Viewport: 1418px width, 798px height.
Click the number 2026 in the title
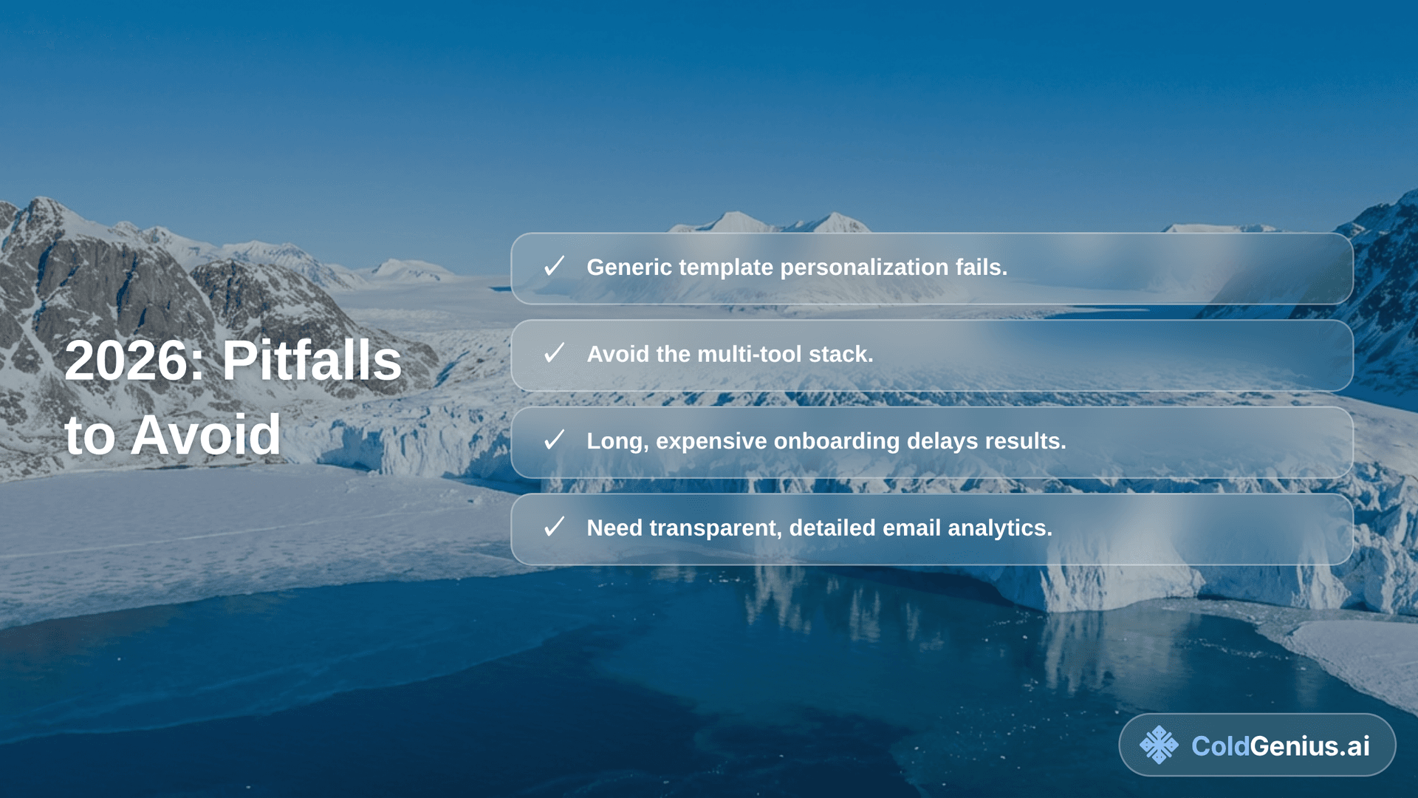(133, 361)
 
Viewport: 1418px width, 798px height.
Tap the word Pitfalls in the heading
(312, 361)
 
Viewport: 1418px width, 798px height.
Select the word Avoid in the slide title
(205, 435)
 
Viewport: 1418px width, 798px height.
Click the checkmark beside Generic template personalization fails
(554, 267)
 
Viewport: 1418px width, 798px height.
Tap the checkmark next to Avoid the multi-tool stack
(554, 353)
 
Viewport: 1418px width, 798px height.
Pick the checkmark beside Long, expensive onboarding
(554, 440)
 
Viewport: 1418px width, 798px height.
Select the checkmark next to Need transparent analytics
(554, 528)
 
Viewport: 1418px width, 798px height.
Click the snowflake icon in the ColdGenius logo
(1159, 745)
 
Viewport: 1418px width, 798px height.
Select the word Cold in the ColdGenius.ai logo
(1219, 746)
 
